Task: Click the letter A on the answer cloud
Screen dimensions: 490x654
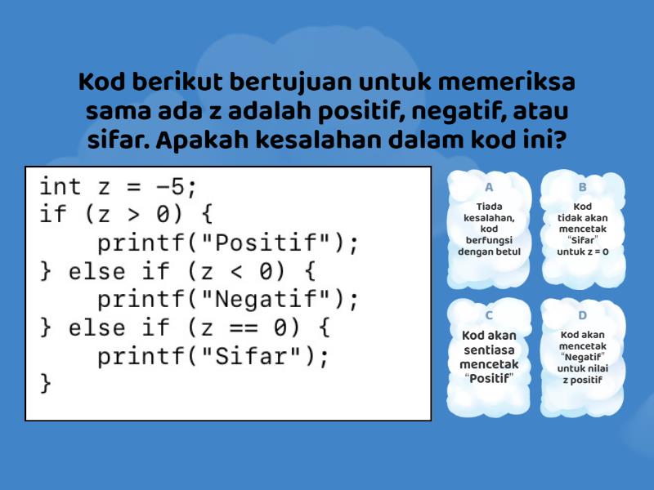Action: [489, 186]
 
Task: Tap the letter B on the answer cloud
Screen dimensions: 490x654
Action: [582, 186]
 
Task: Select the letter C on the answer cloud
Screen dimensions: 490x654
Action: [489, 314]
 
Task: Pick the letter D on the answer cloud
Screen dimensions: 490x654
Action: [582, 314]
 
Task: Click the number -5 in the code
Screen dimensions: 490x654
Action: [171, 187]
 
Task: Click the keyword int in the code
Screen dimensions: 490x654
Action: [60, 187]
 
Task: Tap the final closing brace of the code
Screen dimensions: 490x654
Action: [46, 382]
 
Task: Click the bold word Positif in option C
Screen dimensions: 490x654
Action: [489, 378]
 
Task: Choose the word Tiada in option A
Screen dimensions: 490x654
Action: [489, 207]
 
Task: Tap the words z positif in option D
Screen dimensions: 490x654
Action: [582, 380]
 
